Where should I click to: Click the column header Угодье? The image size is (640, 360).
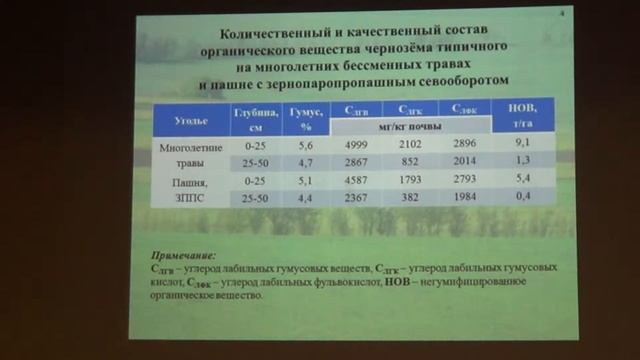[191, 118]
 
